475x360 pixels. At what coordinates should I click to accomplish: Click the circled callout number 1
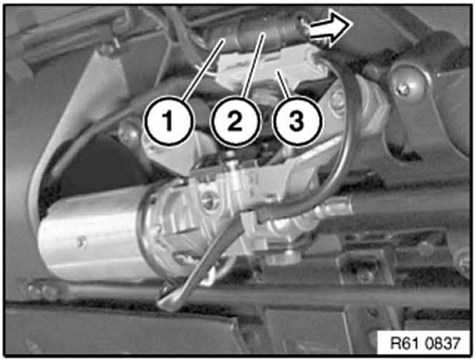tap(168, 121)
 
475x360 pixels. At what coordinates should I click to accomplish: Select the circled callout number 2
tap(235, 121)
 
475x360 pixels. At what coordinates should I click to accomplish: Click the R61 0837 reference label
tap(425, 343)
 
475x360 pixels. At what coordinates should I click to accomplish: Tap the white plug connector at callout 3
tap(273, 67)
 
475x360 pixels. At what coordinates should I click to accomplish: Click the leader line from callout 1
tap(202, 69)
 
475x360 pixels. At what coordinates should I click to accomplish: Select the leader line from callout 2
tap(254, 65)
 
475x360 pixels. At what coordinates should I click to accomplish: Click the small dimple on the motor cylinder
tap(81, 242)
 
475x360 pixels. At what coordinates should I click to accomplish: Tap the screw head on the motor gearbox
tap(211, 201)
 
